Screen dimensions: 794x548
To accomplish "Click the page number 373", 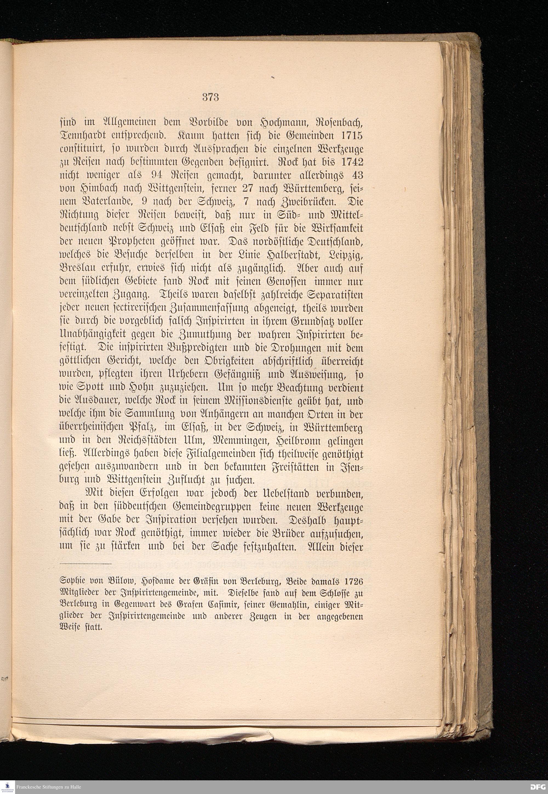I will click(210, 97).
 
